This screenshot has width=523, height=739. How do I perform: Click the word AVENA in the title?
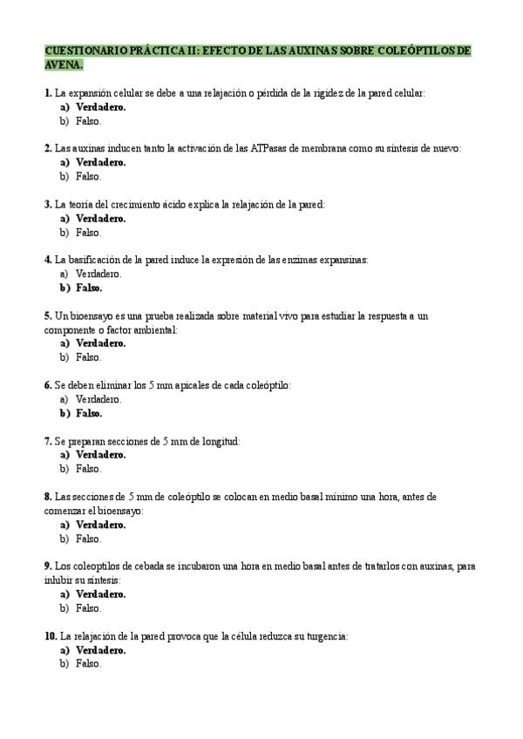[x=64, y=65]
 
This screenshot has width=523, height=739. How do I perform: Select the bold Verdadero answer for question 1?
[x=100, y=106]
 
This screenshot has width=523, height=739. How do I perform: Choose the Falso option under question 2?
[x=88, y=176]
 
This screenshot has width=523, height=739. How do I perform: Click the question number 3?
[x=48, y=204]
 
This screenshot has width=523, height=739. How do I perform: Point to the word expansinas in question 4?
[x=343, y=260]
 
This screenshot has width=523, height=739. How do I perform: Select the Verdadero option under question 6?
[x=98, y=399]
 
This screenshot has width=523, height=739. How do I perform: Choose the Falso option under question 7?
[x=88, y=469]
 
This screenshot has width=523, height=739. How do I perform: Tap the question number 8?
[x=48, y=497]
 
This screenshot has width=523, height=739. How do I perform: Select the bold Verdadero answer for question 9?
[x=100, y=594]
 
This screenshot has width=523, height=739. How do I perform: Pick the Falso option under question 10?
[x=88, y=664]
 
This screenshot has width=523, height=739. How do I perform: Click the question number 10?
[x=51, y=636]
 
